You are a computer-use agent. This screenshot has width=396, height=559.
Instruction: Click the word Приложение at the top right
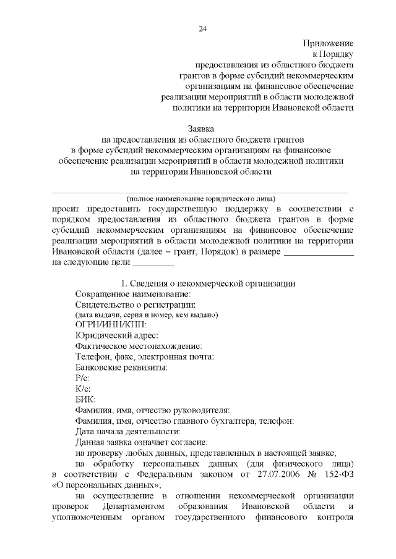[x=328, y=43]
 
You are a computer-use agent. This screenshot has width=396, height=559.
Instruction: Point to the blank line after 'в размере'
[x=318, y=253]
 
